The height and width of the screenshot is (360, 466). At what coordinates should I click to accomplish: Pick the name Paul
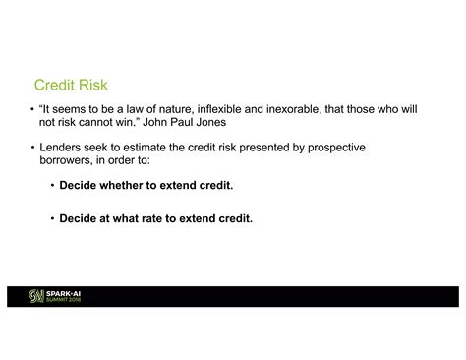tap(181, 123)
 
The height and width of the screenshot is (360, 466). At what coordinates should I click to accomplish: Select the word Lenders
tap(61, 148)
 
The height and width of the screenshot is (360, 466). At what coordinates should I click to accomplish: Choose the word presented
tap(265, 148)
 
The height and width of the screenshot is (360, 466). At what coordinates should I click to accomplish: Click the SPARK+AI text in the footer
tap(64, 293)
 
